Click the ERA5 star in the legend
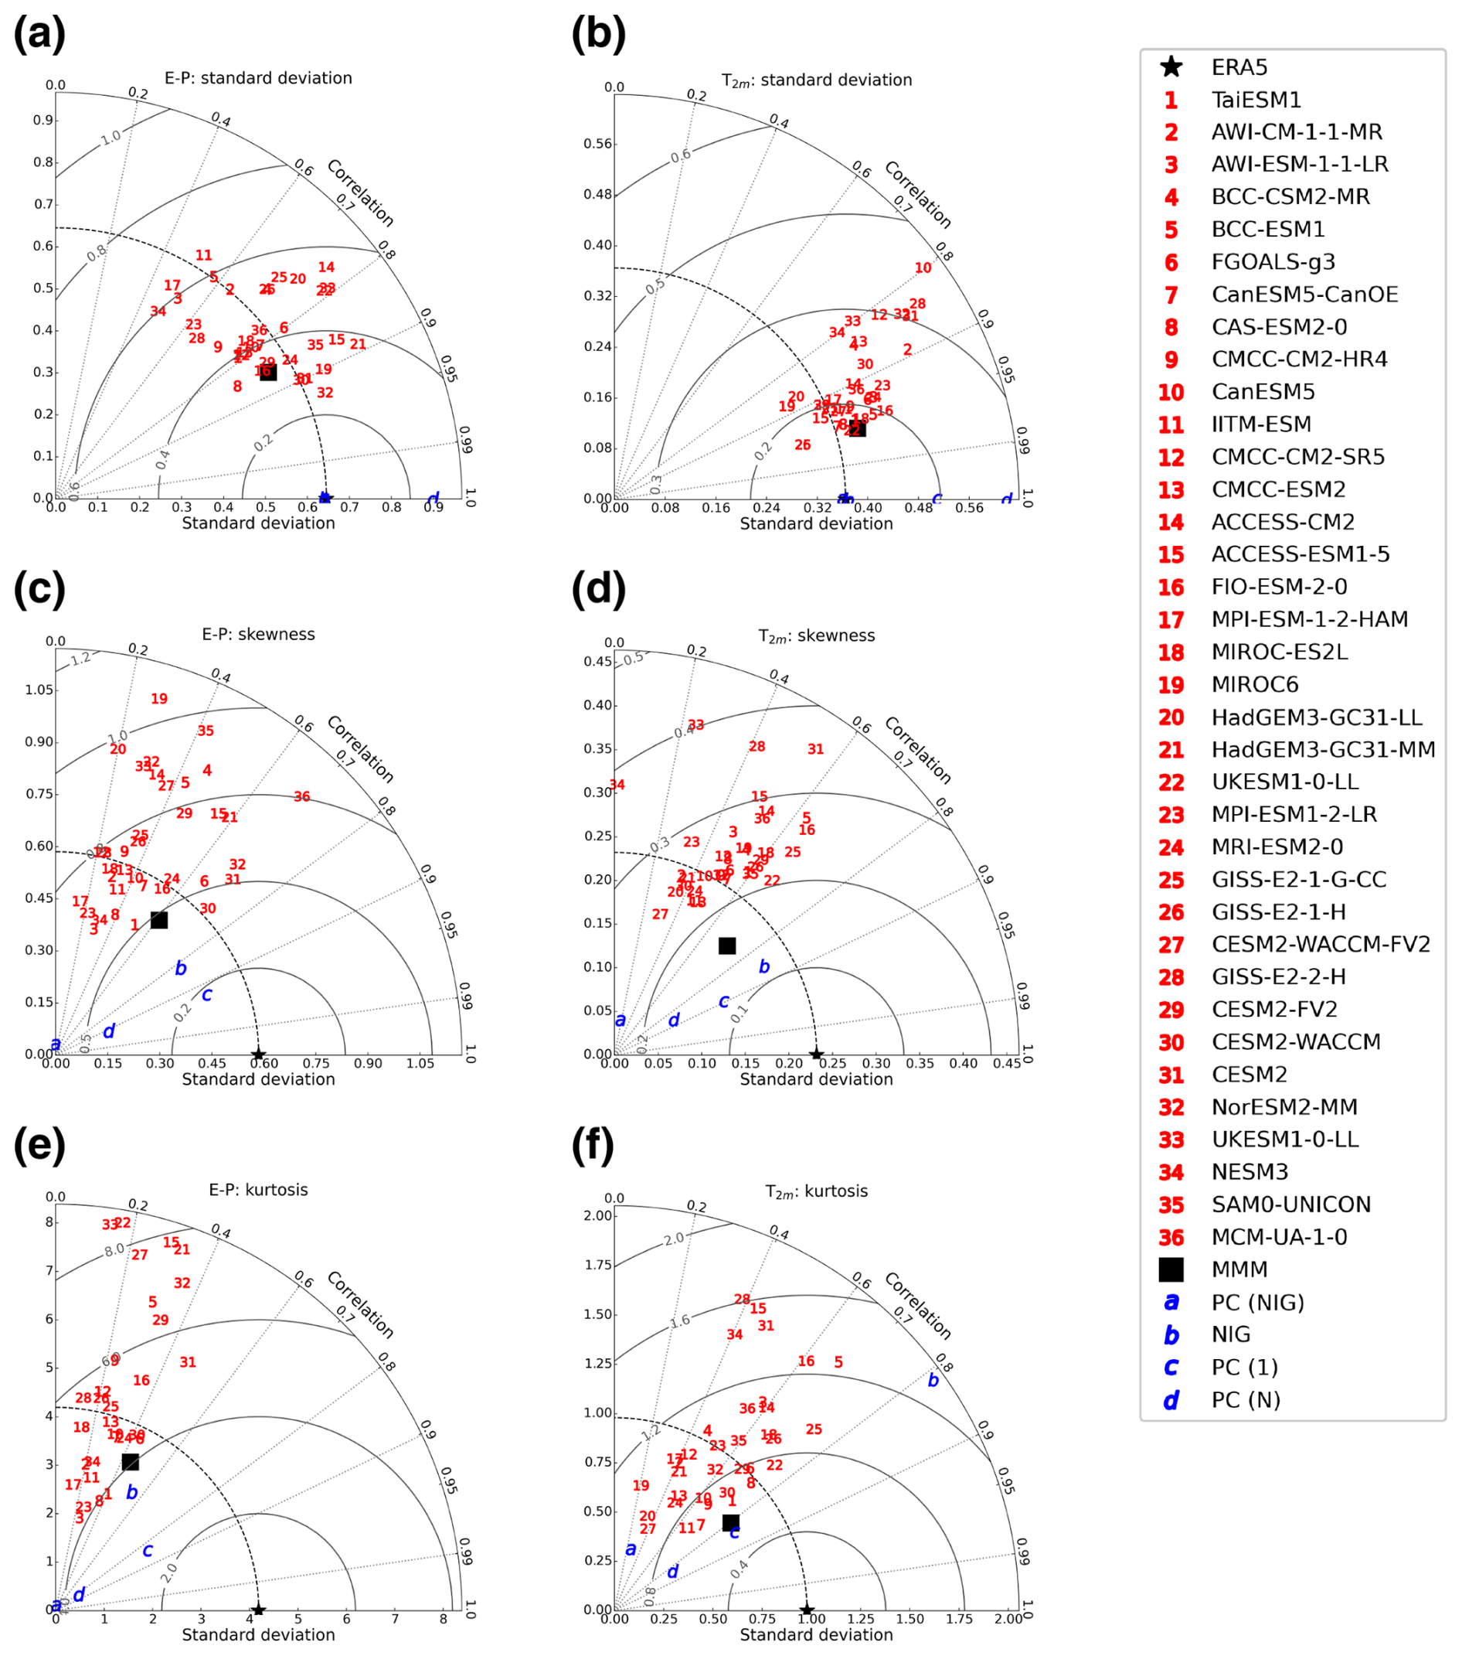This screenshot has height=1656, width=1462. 1171,67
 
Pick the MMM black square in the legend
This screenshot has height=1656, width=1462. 1171,1269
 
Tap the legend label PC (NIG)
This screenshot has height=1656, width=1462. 1257,1302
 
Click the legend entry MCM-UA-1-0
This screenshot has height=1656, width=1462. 1279,1237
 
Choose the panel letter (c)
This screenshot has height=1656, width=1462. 39,590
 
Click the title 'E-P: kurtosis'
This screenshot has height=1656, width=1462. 258,1190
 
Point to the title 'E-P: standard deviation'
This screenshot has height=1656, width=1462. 258,79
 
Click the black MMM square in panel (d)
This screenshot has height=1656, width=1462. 727,946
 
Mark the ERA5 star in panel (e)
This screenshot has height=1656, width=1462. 258,1610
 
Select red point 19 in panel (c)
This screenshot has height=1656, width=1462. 158,698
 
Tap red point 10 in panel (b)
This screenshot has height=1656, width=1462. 923,268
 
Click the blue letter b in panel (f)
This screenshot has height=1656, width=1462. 933,1381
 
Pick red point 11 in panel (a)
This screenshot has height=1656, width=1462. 203,256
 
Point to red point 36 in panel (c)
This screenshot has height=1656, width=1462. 302,797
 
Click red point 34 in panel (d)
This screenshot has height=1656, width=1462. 617,785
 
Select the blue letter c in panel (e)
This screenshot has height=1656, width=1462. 148,1550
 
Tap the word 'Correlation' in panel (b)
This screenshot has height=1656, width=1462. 918,195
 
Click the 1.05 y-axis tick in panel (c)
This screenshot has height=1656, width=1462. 39,690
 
